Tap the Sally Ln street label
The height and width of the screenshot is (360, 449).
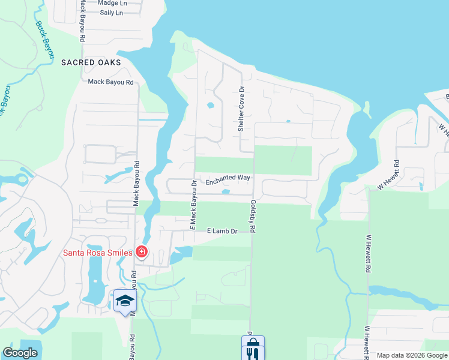[x=111, y=13]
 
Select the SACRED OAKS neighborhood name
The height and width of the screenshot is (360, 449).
[x=91, y=62]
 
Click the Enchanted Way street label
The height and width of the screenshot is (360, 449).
[x=228, y=181]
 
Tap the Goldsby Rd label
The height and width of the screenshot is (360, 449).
[x=253, y=217]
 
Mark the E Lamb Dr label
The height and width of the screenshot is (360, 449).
[x=222, y=231]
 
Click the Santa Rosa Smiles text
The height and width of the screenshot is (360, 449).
[x=98, y=253]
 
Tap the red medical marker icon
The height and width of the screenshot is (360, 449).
[x=142, y=252]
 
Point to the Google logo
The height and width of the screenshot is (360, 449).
[x=20, y=353]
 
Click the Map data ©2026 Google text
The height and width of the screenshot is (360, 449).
[x=411, y=355]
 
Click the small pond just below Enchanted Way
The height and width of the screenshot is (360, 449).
[x=226, y=192]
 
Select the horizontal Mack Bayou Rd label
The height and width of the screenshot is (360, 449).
[x=110, y=82]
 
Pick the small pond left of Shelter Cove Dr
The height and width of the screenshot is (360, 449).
[x=211, y=106]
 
